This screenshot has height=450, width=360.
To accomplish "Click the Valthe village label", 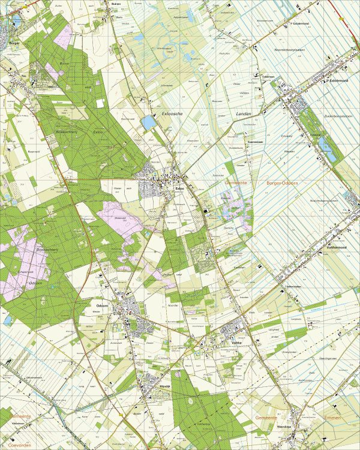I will [236, 342].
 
